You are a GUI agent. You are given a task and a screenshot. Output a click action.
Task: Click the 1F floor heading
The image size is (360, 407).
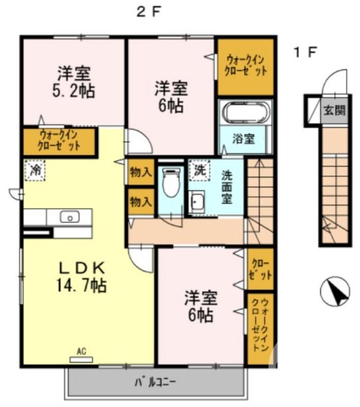(305, 52)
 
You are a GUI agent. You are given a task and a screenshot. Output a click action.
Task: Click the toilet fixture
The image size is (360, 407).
(171, 183)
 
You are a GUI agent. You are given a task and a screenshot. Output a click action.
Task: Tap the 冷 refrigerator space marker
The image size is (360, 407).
(35, 169)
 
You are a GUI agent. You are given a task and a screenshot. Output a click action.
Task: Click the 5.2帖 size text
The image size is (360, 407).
(74, 92)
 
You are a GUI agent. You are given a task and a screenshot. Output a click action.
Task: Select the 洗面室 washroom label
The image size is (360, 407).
(227, 185)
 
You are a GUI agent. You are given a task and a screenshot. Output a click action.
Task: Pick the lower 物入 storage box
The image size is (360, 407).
(140, 201)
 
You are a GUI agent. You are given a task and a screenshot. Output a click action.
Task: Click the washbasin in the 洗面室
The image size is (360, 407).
(197, 203)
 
